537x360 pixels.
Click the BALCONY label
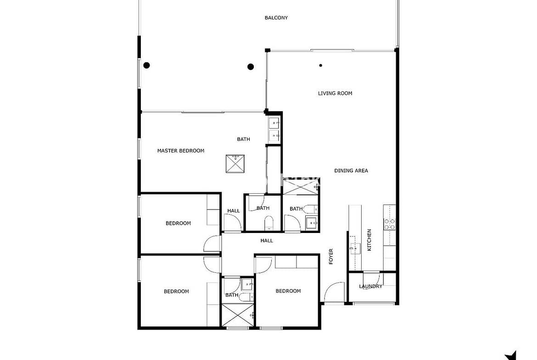(x=276, y=18)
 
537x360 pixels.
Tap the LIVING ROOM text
(x=335, y=93)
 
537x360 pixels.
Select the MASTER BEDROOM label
(x=180, y=150)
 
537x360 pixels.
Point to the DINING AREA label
(x=351, y=171)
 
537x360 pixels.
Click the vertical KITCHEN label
(x=369, y=240)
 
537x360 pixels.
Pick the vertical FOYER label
(x=331, y=256)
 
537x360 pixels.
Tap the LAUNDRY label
(x=370, y=286)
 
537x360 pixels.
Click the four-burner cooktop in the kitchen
(x=389, y=224)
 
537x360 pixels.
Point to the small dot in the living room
(x=320, y=66)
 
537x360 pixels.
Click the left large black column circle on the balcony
(x=146, y=66)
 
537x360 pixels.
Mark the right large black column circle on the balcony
(x=251, y=67)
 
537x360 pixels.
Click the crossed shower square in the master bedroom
(x=235, y=164)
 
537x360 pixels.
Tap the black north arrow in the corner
(x=511, y=355)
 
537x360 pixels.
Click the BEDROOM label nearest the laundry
(x=288, y=291)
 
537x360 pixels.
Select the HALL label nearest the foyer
(x=267, y=241)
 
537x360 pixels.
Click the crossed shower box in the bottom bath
(x=237, y=315)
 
